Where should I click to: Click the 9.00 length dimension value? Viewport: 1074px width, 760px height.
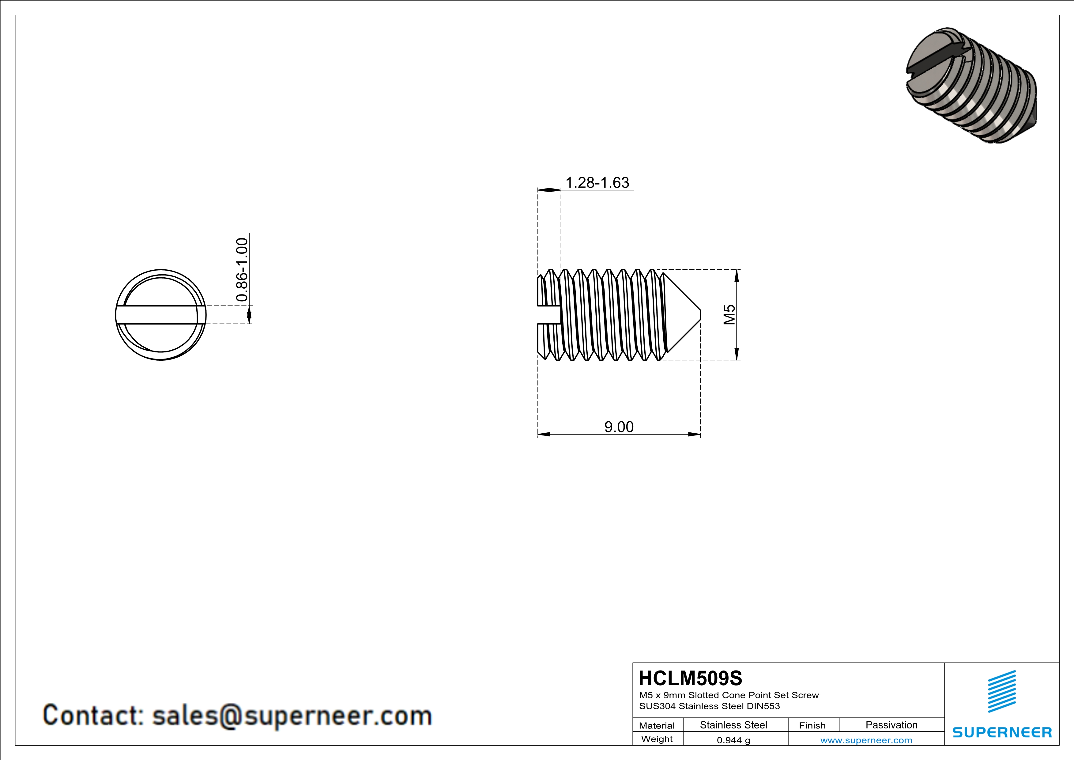(x=619, y=427)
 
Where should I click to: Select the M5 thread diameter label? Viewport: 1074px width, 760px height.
(x=729, y=314)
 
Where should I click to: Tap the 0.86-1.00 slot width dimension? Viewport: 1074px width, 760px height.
(x=242, y=270)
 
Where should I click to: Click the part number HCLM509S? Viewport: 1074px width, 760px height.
(x=690, y=678)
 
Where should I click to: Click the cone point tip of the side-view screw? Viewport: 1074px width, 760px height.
(x=700, y=314)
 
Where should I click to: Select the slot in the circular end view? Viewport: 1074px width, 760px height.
(x=160, y=314)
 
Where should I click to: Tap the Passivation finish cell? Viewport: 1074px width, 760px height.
(x=891, y=725)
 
